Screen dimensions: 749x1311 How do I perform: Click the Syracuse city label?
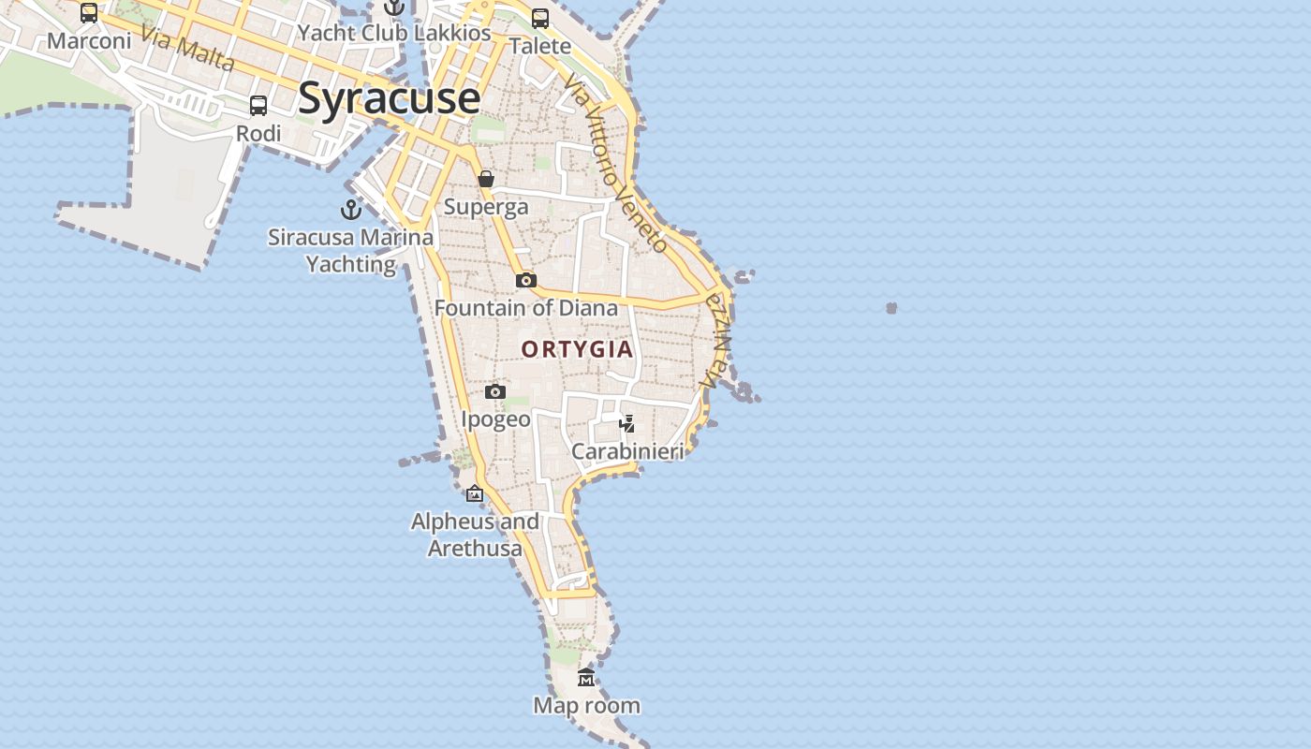click(x=389, y=98)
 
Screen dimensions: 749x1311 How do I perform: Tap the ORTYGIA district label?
click(x=577, y=350)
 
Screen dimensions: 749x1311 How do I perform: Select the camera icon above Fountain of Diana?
click(x=525, y=280)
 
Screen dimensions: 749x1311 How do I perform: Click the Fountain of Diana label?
click(x=525, y=308)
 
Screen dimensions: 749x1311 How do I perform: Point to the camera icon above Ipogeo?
click(x=495, y=391)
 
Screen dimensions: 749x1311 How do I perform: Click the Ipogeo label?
click(x=495, y=419)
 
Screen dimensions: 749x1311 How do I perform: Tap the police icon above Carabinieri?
click(x=627, y=424)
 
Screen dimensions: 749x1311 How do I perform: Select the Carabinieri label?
click(x=627, y=452)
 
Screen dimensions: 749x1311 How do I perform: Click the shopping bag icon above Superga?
click(x=486, y=179)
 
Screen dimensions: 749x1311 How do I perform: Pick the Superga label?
click(x=486, y=207)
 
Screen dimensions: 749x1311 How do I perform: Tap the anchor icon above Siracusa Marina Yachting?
click(x=351, y=209)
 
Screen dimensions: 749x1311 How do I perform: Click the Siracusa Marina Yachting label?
click(x=351, y=251)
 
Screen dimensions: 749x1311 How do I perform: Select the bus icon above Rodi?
click(x=258, y=106)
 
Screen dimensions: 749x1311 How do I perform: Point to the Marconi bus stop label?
click(x=89, y=41)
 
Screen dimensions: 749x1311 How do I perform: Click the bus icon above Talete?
click(x=540, y=18)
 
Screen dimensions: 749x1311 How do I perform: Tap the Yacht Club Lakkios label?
click(x=394, y=34)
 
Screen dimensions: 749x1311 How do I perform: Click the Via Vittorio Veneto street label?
click(x=616, y=164)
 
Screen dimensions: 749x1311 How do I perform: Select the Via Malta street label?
click(x=187, y=48)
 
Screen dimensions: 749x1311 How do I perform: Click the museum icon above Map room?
click(x=586, y=677)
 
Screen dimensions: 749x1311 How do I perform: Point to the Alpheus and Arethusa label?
click(x=475, y=535)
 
